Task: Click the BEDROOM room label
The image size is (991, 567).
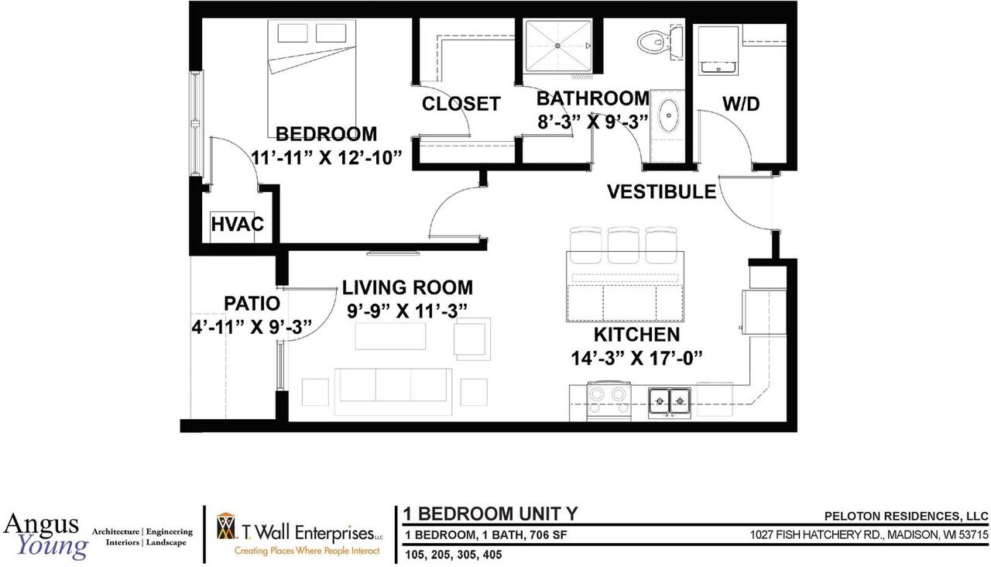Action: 326,134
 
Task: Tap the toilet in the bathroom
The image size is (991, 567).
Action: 660,42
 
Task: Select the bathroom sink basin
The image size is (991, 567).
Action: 668,115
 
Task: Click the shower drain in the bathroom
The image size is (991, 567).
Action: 557,46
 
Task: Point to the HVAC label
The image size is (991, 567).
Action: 237,224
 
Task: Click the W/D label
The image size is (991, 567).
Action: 741,104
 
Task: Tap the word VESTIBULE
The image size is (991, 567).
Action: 661,191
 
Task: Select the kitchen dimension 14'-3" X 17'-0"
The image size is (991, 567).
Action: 636,358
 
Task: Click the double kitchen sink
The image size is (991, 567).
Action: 670,402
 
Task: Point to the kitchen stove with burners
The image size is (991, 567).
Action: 609,401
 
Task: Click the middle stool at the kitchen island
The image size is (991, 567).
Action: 623,239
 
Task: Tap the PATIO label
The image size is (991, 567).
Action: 252,304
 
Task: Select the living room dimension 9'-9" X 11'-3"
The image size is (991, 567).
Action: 407,311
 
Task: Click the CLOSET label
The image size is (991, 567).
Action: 461,104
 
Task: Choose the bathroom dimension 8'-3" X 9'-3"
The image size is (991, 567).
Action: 593,122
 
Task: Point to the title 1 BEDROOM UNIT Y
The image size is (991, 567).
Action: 490,514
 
